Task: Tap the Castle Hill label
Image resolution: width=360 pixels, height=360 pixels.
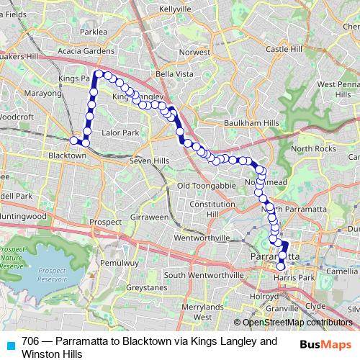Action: pos(284,49)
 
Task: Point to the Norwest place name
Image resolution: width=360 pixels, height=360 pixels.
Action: pos(194,53)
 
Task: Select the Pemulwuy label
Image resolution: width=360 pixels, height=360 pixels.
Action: pos(118,264)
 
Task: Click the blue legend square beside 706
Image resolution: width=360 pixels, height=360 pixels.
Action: pos(11,343)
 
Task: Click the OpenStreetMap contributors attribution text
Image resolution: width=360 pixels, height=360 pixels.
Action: pos(297,323)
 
